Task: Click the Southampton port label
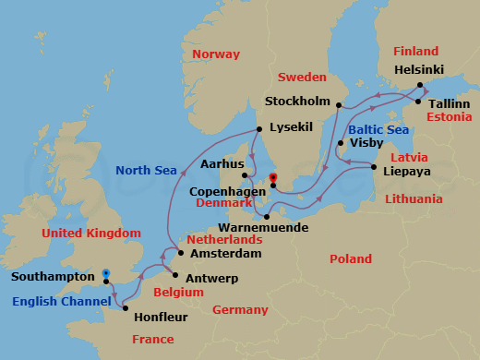point(53,276)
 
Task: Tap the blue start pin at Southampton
point(106,274)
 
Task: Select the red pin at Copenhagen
point(272,178)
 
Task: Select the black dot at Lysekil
point(259,129)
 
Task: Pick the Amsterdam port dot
point(181,253)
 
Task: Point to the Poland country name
point(351,259)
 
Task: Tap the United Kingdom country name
point(91,234)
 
